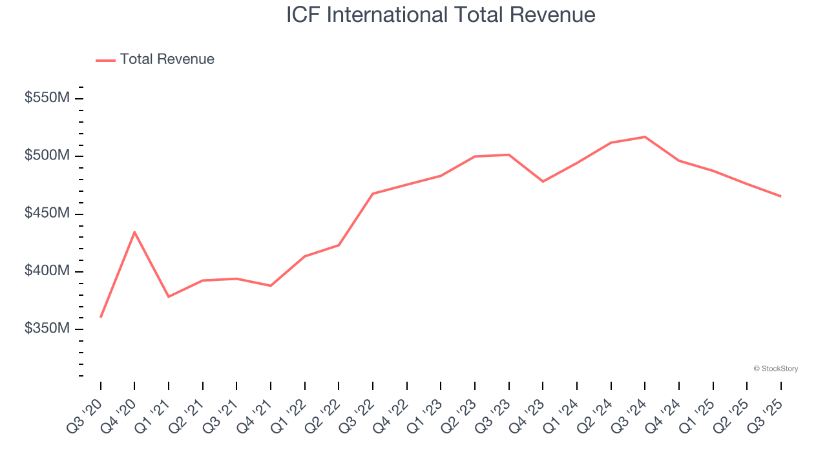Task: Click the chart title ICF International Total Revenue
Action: click(441, 15)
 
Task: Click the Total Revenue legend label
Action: click(167, 59)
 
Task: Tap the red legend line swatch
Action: click(105, 60)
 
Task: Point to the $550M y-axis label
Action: click(47, 98)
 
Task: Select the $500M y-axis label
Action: click(47, 156)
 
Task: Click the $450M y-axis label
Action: click(47, 213)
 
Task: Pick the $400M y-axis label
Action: click(47, 271)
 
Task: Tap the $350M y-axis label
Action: click(47, 328)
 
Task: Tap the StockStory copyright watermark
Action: click(775, 369)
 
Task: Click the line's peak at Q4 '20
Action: click(134, 232)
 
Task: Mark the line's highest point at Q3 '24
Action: click(645, 137)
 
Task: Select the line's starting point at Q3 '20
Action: click(101, 316)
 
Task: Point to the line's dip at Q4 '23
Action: click(543, 181)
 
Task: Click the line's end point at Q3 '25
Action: click(780, 196)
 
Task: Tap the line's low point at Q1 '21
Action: click(169, 296)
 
